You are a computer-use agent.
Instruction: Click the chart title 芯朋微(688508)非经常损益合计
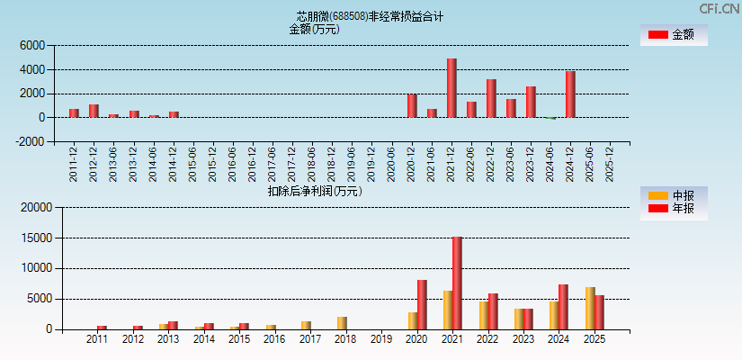pos(370,16)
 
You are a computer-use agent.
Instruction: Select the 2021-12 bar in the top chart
pos(451,87)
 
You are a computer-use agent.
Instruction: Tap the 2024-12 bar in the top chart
pos(570,94)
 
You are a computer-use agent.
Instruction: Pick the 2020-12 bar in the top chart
pos(412,105)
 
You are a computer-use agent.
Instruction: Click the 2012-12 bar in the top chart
pos(94,111)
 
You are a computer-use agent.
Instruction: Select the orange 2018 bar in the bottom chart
pos(342,322)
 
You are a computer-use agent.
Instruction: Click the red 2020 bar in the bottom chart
pos(422,304)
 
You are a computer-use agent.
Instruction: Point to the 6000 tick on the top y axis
pos(31,45)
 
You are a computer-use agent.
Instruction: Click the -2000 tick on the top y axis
pos(30,141)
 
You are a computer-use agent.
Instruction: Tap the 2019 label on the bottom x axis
pos(381,340)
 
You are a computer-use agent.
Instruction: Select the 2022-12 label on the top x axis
pos(492,164)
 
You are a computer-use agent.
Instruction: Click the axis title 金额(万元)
pos(314,29)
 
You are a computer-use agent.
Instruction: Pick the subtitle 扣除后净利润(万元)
pos(315,191)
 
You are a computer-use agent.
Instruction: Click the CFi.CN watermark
pos(720,8)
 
